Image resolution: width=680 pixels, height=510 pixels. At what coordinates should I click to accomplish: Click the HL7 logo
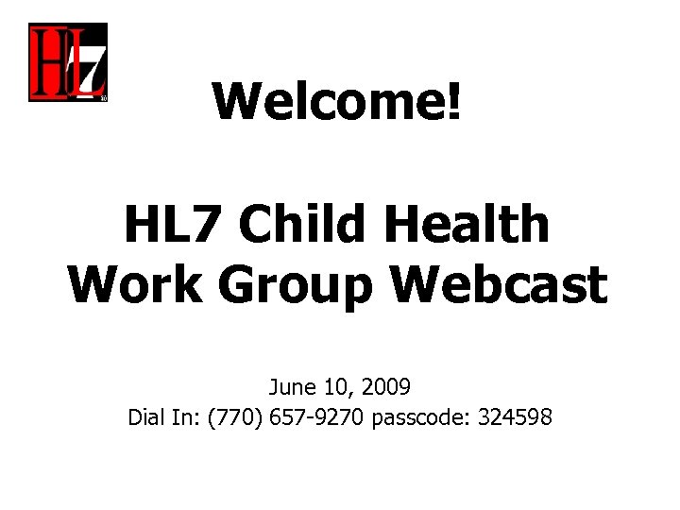pyautogui.click(x=67, y=62)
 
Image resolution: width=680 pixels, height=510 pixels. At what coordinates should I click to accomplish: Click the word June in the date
pyautogui.click(x=291, y=386)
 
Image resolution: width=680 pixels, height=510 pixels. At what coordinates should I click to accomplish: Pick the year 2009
pyautogui.click(x=384, y=386)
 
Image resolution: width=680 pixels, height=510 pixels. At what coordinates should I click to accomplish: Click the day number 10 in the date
pyautogui.click(x=334, y=386)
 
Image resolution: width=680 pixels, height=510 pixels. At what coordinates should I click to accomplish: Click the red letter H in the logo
pyautogui.click(x=48, y=62)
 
